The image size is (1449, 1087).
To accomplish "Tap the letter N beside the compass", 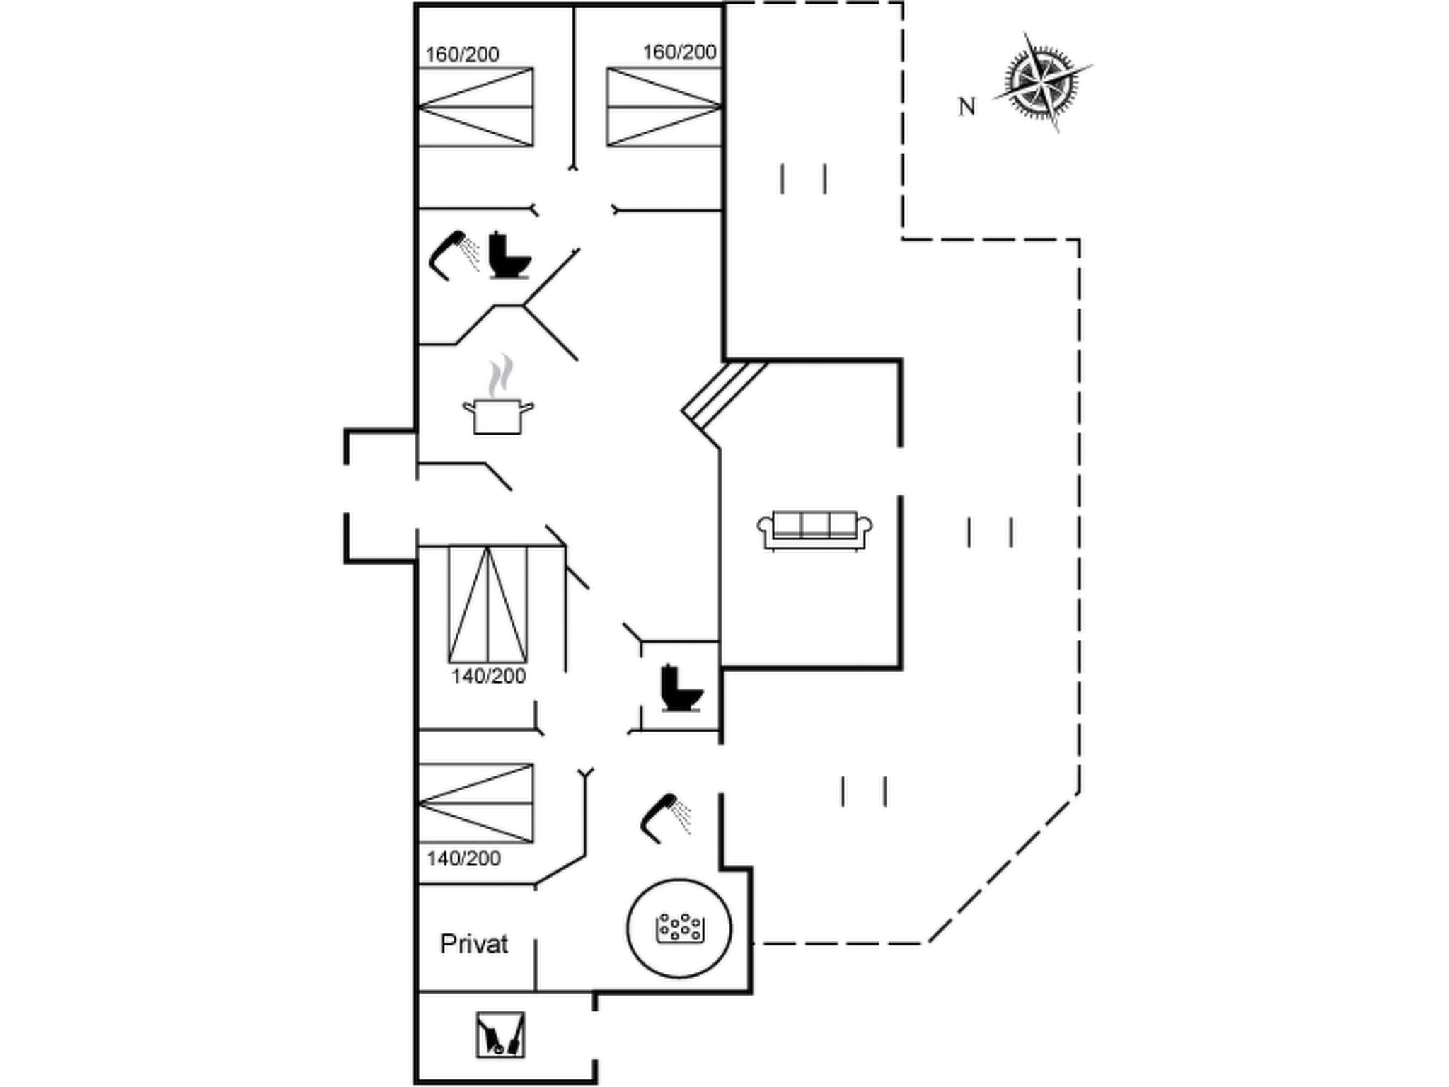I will point(966,108).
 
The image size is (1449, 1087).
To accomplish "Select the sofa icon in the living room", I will point(814,530).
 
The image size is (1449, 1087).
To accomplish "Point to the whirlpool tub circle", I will point(679,928).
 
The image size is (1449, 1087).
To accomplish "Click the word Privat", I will point(474,944).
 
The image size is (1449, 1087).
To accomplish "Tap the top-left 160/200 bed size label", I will point(462,54).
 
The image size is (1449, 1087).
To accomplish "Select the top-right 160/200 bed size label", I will point(679,52).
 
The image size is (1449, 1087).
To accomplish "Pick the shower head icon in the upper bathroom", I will point(454,254).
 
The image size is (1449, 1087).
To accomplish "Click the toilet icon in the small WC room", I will point(681,688).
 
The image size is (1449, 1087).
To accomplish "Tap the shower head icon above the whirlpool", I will point(665,818).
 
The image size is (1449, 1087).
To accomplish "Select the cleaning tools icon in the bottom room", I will point(500,1035).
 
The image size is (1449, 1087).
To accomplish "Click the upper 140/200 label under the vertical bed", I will point(488,677).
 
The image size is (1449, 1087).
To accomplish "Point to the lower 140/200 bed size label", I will point(463,859).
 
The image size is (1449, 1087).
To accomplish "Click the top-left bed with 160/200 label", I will point(476,108).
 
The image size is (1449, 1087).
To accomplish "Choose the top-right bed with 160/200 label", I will point(664,108).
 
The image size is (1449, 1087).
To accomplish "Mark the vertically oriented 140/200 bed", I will point(487,604).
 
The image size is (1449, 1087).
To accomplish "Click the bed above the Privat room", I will point(476,803).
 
